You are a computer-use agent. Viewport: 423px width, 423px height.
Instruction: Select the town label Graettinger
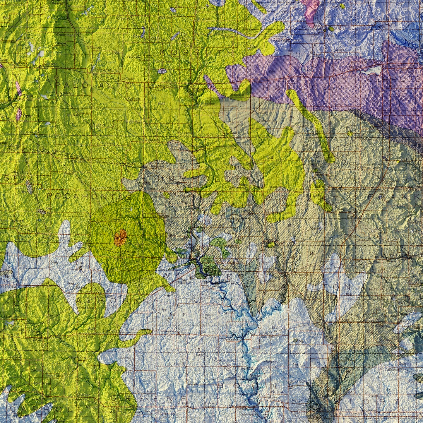pos(66,35)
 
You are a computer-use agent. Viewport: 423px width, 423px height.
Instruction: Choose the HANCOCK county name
pos(302,87)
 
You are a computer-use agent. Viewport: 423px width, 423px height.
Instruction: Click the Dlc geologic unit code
pos(272,71)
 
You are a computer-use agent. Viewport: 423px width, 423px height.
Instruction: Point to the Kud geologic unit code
pos(91,329)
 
